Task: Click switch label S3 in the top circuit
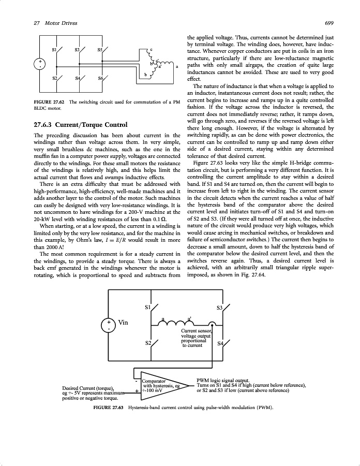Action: pyautogui.click(x=78, y=50)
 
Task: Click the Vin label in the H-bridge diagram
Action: pyautogui.click(x=124, y=323)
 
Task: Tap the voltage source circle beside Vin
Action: pyautogui.click(x=109, y=325)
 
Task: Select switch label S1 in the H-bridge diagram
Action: pyautogui.click(x=148, y=307)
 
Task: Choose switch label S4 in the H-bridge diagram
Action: pyautogui.click(x=220, y=343)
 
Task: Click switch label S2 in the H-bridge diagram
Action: pyautogui.click(x=148, y=343)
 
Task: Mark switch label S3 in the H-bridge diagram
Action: pyautogui.click(x=219, y=308)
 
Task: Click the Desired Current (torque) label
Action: pyautogui.click(x=87, y=388)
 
